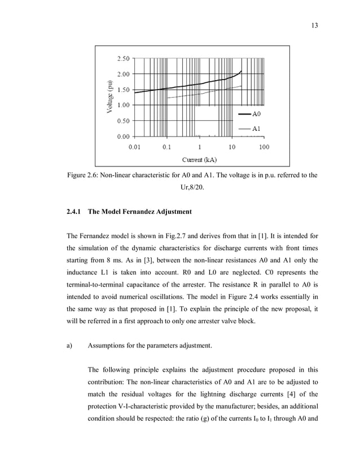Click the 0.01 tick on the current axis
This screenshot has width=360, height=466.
tap(134, 147)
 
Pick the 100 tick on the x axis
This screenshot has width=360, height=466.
tap(264, 147)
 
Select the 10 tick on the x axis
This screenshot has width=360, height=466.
tap(231, 147)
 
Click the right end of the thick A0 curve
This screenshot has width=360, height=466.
tap(242, 71)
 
